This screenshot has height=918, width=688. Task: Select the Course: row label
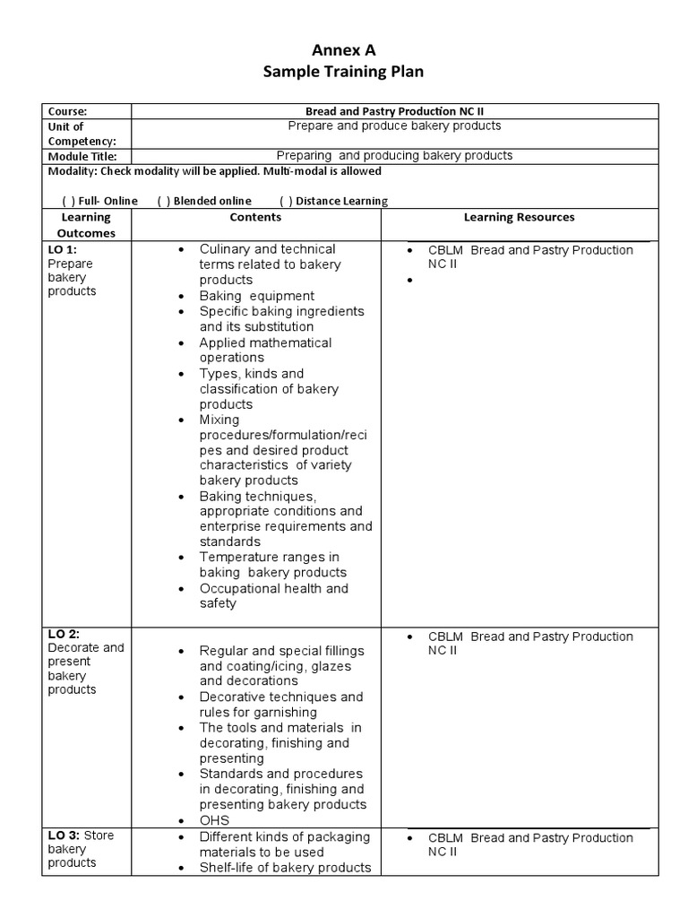(67, 111)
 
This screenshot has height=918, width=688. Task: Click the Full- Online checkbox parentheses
(67, 201)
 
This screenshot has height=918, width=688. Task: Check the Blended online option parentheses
(163, 201)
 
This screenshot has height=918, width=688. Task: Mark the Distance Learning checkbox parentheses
(285, 201)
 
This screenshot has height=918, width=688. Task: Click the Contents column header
(255, 217)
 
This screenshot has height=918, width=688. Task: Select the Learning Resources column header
(519, 217)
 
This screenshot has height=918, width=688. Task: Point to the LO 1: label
(63, 249)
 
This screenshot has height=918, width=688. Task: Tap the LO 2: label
(64, 634)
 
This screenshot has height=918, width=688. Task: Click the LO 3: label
(64, 836)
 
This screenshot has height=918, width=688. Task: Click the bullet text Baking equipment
(256, 296)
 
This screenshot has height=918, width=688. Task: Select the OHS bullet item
(214, 820)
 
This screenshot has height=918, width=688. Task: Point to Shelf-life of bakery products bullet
(285, 867)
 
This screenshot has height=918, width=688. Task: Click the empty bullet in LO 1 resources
(410, 281)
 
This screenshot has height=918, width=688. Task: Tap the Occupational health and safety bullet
(273, 596)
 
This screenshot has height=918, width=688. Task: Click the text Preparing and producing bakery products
(394, 156)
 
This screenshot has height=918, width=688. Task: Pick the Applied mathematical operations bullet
(264, 350)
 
